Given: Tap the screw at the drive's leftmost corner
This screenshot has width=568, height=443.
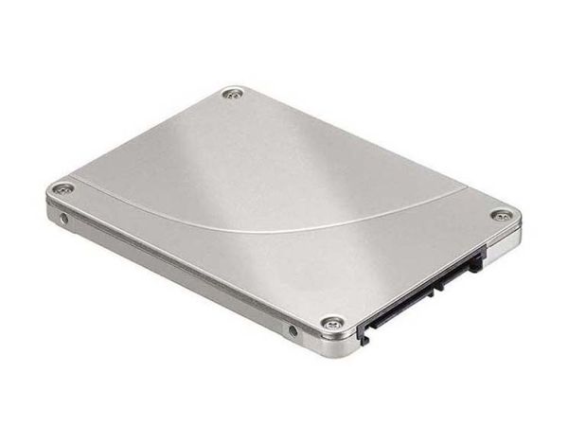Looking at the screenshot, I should pos(62,188).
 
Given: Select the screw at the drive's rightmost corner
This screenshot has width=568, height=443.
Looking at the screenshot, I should pos(499,216).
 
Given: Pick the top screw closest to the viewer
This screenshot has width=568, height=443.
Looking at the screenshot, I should pos(331,323).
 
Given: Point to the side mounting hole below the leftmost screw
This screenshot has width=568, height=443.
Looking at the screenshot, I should pos(64,219).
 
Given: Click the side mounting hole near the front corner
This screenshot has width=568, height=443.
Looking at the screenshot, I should pos(292,330).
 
